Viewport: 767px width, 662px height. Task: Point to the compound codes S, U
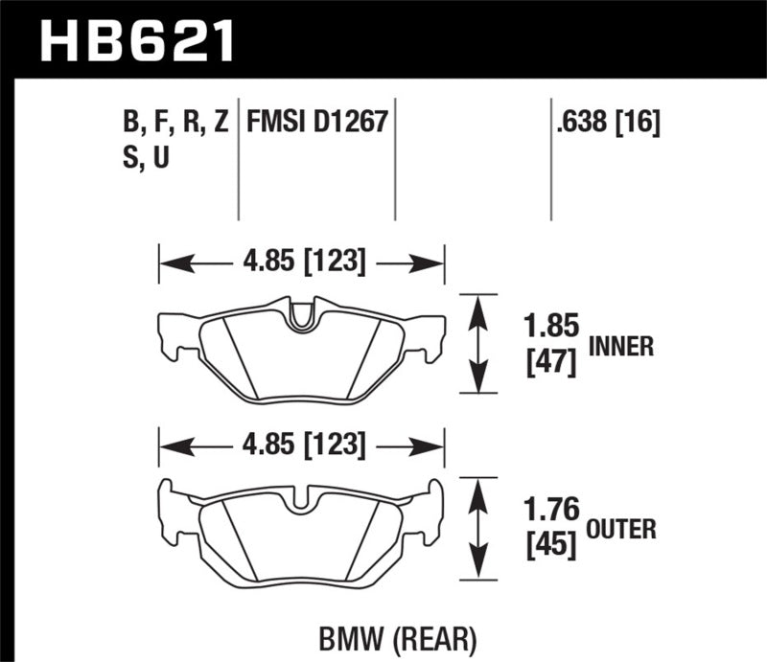click(140, 159)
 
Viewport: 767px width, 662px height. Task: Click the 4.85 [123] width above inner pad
click(301, 262)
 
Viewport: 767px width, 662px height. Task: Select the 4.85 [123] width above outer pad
click(301, 445)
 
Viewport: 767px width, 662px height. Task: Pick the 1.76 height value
click(552, 509)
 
